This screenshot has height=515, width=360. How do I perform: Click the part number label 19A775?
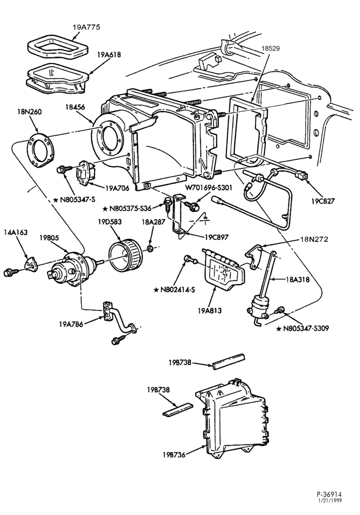(86, 27)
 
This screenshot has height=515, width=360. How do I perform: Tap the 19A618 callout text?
(109, 54)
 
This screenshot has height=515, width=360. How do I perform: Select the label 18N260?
(29, 112)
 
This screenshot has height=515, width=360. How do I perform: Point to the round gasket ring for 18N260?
(41, 152)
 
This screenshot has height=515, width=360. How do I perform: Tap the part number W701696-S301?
(208, 188)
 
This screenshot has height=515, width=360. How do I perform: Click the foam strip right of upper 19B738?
(228, 361)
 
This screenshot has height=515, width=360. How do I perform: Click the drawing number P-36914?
(329, 494)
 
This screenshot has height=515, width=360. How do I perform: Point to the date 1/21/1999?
(329, 500)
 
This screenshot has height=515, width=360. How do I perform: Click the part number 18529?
(271, 49)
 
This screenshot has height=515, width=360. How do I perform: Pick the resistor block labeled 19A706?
(86, 173)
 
